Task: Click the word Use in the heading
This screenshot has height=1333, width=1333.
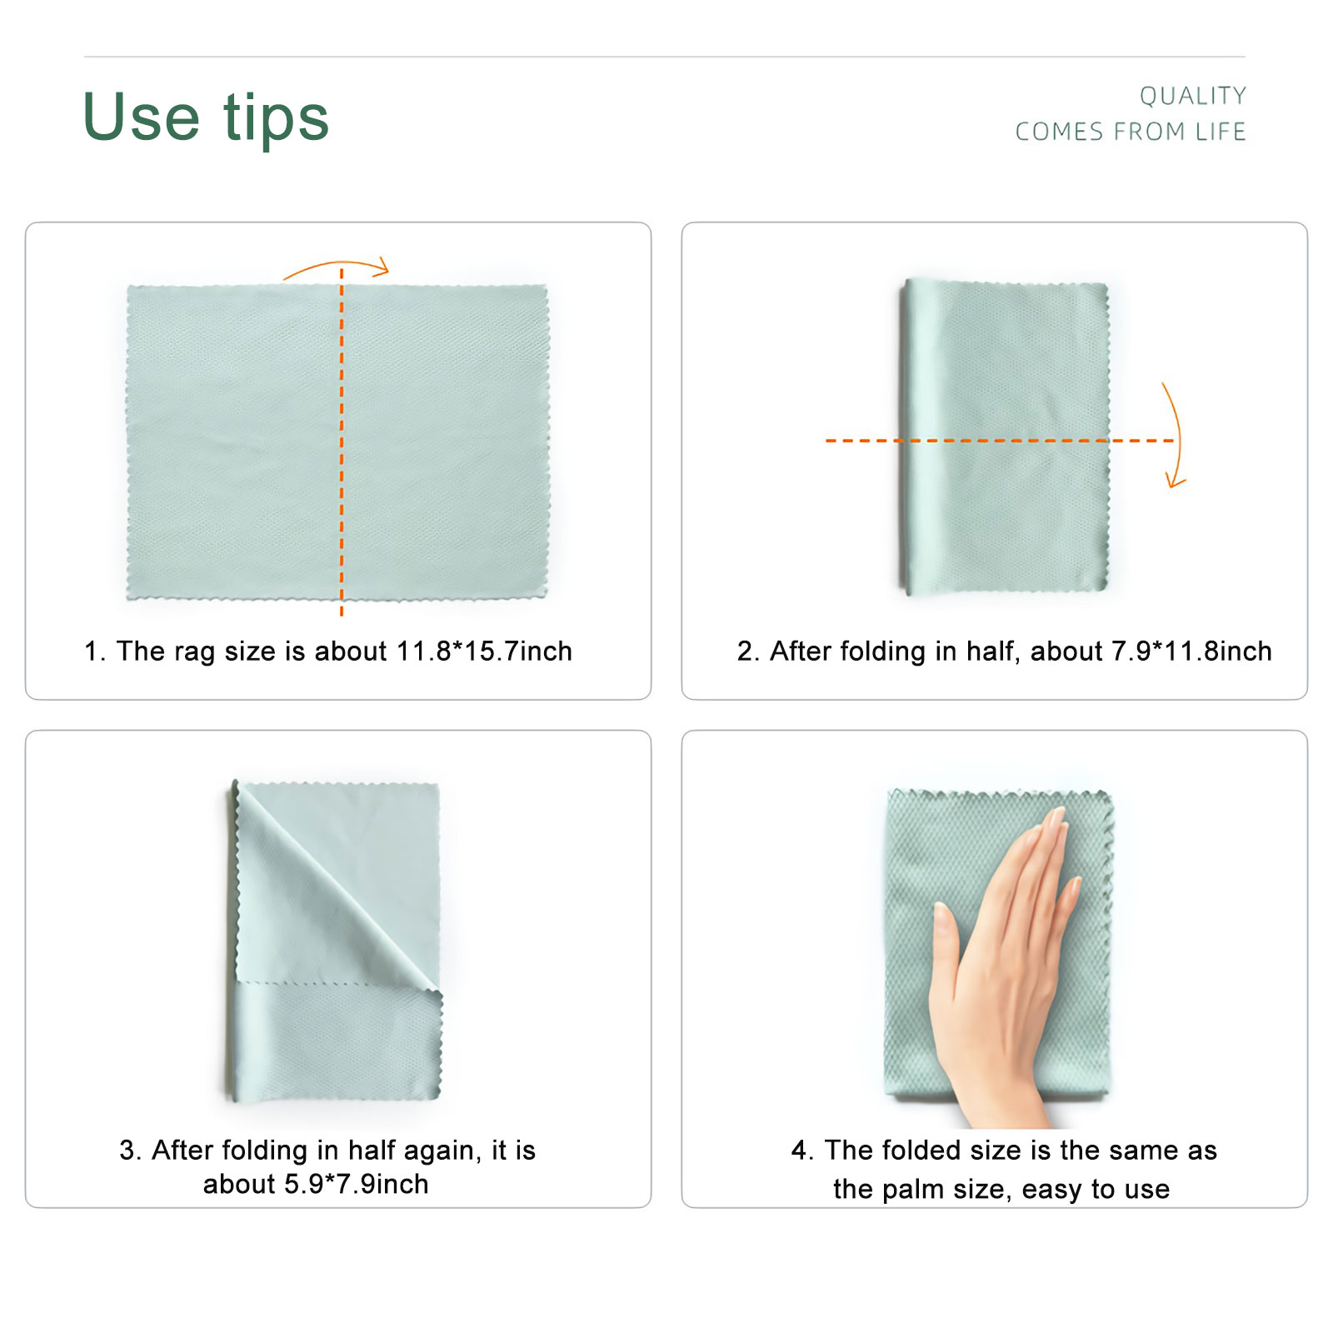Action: tap(142, 117)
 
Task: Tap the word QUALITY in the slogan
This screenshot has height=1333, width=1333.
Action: tap(1193, 96)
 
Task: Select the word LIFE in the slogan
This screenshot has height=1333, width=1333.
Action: tap(1221, 132)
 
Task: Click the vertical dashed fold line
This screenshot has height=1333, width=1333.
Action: tap(342, 442)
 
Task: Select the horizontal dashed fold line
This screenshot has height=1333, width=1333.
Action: tap(1000, 440)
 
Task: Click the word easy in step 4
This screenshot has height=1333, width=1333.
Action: tap(1052, 1190)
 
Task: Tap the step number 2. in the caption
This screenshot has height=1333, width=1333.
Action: tap(748, 651)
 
